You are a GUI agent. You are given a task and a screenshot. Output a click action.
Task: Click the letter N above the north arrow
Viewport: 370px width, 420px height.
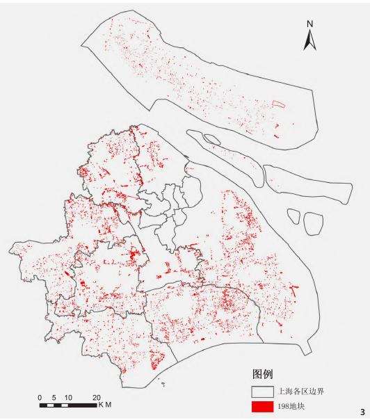coord(310,24)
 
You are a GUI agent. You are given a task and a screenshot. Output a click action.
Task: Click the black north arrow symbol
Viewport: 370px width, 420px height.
coord(310,40)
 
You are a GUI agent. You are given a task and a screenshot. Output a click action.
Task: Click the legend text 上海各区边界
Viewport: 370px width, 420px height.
coord(300,391)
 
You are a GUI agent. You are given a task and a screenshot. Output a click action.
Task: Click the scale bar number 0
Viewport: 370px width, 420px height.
coord(40,396)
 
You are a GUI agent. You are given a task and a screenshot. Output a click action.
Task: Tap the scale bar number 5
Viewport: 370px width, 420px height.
coord(54,396)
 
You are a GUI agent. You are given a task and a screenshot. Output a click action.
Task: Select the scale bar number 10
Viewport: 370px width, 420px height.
coord(67,396)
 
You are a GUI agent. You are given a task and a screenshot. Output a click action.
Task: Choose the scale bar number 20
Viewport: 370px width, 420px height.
coord(96,396)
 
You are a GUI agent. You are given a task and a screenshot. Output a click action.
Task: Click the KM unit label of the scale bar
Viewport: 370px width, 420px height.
coord(105,405)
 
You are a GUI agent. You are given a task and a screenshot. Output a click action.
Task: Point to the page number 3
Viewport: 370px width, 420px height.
coord(362,412)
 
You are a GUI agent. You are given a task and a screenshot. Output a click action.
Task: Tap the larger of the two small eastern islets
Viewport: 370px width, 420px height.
coord(314,223)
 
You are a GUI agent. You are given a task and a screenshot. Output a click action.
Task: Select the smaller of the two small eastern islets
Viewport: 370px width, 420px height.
coord(296,218)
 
